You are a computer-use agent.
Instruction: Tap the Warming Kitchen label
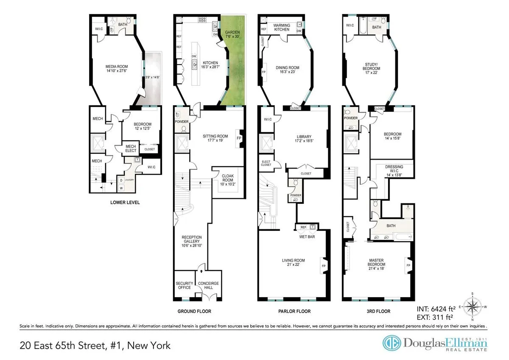(282, 28)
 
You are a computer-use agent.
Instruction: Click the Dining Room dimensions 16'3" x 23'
(288, 73)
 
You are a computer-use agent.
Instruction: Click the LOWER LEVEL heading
(125, 202)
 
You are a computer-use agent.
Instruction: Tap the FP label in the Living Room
(323, 266)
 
